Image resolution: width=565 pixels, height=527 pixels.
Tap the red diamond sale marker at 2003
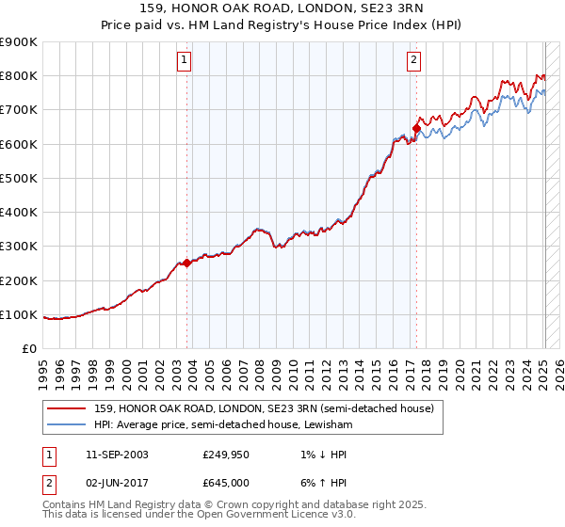coord(186,263)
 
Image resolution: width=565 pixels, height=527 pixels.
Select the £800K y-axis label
coord(19,76)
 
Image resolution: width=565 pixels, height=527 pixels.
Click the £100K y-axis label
coord(19,314)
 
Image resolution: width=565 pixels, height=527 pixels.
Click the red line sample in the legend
coord(67,408)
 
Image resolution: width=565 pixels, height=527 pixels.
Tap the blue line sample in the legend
coord(67,424)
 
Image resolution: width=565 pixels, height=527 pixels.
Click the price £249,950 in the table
coord(224,454)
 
